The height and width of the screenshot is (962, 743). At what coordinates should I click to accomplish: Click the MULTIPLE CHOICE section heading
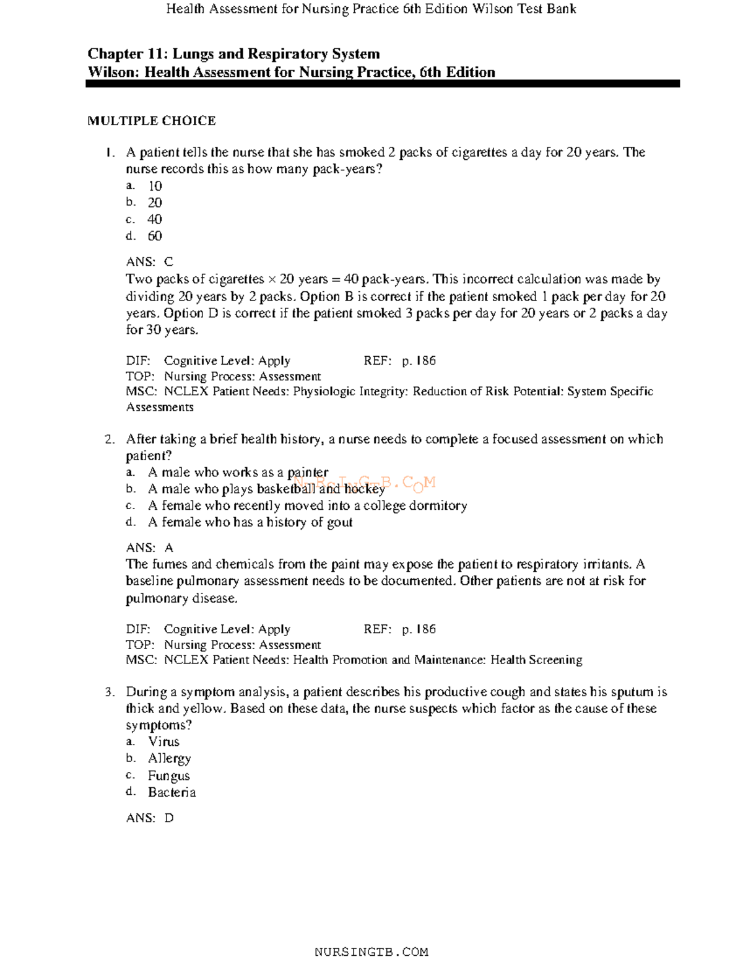151,121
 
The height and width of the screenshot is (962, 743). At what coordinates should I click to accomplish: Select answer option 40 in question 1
154,219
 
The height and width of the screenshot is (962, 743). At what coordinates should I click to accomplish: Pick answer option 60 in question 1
154,236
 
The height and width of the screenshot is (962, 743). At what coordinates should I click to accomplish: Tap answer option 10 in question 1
154,186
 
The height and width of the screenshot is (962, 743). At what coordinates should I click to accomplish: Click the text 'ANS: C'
149,262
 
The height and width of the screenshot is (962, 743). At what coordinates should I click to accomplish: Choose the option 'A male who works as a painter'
238,473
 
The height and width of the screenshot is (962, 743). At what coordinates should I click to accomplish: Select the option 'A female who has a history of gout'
250,522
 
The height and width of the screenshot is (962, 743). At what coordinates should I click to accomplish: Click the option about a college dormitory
307,505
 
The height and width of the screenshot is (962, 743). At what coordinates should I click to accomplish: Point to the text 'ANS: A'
149,548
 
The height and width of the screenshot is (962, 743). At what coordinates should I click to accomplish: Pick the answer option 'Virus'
163,741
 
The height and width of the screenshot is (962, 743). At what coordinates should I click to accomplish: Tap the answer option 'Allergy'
169,758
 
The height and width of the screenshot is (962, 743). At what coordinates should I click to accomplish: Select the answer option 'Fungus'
168,776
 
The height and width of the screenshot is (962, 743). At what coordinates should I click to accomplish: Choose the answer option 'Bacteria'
172,792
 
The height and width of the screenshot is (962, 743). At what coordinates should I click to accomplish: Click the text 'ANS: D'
149,818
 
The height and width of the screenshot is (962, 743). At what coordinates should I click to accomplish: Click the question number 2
109,439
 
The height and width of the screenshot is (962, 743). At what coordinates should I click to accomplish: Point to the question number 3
109,692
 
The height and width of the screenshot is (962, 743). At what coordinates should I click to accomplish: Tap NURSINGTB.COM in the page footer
371,952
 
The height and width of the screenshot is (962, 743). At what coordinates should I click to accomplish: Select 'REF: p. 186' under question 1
399,361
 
